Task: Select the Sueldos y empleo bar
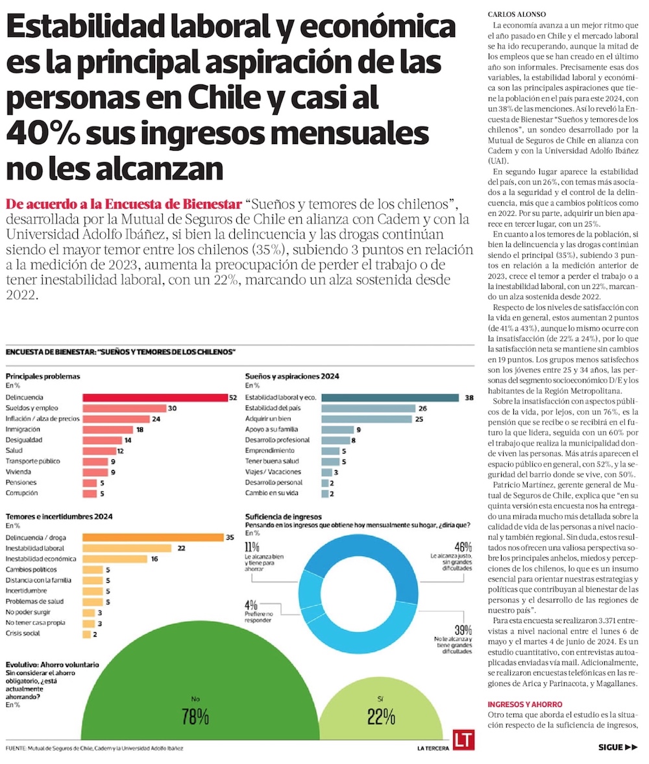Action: [x=123, y=408]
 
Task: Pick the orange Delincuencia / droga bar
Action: [x=153, y=537]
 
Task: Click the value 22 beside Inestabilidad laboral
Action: [x=182, y=548]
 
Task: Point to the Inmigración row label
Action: [x=23, y=429]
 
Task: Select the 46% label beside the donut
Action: [x=462, y=546]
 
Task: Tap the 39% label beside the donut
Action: [x=462, y=630]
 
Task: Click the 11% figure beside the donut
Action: [x=251, y=546]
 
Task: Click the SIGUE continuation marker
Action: [x=619, y=747]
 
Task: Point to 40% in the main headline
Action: [x=43, y=133]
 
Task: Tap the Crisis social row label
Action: [x=23, y=633]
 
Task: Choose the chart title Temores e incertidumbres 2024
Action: [x=59, y=516]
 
